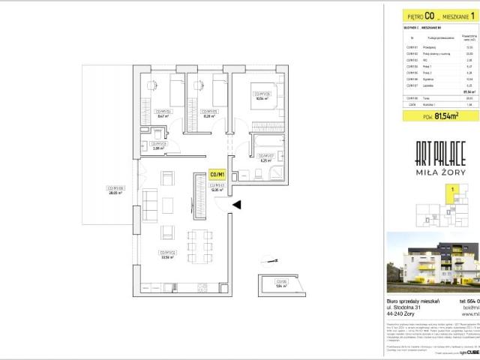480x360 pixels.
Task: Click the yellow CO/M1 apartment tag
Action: tap(217, 175)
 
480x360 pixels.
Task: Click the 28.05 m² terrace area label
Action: tap(114, 190)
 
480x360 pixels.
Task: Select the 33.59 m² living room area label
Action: tap(168, 253)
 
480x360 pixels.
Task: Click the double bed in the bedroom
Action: tap(269, 96)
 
